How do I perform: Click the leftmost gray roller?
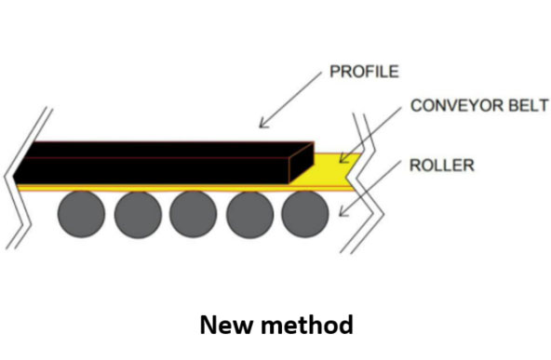[x=82, y=214]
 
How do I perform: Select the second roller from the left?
[x=138, y=214]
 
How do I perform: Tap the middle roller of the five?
[x=194, y=214]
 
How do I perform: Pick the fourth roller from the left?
[x=249, y=214]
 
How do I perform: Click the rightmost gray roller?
[x=305, y=214]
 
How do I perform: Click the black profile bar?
[x=158, y=163]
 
